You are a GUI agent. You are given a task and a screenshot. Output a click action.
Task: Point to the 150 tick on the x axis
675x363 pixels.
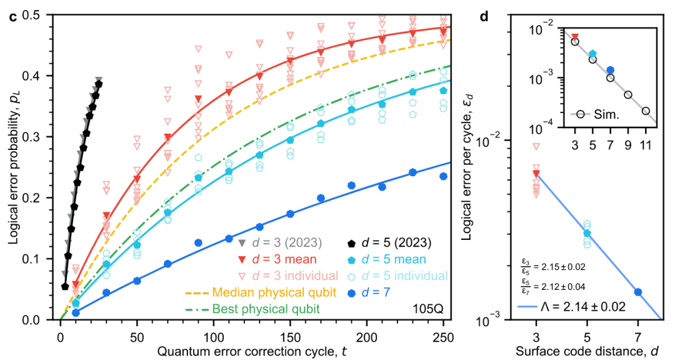tap(290, 332)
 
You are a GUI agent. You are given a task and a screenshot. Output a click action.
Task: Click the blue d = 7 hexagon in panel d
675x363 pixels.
tap(637, 292)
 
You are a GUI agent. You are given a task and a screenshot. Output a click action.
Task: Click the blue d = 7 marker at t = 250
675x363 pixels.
tap(443, 176)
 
